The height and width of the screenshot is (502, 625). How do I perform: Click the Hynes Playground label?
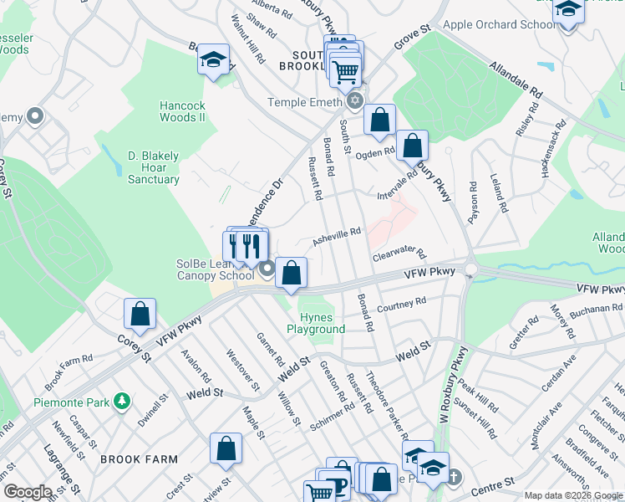click(316, 323)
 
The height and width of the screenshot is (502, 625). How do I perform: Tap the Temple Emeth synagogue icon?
click(355, 102)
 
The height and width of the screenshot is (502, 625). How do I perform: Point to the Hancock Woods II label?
click(183, 111)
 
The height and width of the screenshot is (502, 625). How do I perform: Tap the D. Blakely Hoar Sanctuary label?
click(154, 167)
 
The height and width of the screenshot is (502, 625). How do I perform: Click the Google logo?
click(28, 492)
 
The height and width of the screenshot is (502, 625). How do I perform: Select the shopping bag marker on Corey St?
click(140, 314)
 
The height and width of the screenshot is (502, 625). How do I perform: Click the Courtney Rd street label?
click(402, 303)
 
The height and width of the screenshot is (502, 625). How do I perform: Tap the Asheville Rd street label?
click(336, 238)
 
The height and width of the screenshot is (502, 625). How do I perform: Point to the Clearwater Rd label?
click(399, 253)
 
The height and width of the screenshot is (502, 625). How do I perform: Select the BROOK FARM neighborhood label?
click(139, 459)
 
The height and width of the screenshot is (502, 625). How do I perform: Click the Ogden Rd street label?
click(375, 152)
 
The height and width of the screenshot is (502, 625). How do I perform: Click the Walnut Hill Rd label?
click(247, 42)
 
